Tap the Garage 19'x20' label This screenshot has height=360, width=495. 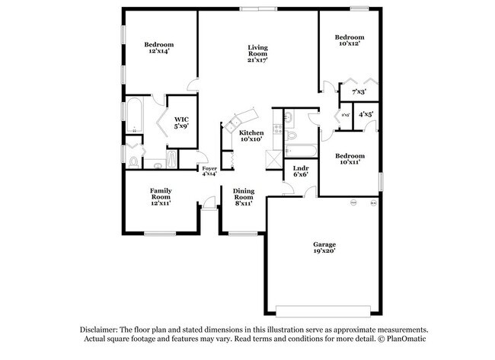[x=324, y=247]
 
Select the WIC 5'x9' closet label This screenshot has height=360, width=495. [x=181, y=123]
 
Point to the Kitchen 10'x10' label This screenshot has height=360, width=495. [x=251, y=135]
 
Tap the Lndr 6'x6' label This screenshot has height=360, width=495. [x=300, y=172]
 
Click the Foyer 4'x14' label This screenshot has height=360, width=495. [x=209, y=170]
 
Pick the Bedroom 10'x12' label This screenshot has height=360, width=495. [x=350, y=40]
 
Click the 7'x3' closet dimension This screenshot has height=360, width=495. [x=359, y=92]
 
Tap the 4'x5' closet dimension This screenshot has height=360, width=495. [x=366, y=115]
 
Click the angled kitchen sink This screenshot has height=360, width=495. [x=235, y=116]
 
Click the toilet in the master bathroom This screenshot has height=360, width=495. [x=134, y=161]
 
